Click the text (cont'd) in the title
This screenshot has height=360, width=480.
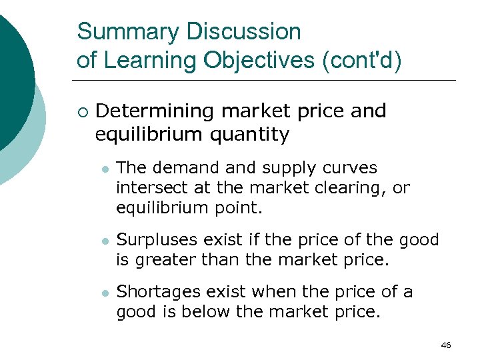click(363, 60)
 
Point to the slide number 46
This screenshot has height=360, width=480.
click(446, 345)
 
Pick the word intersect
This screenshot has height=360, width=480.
click(147, 188)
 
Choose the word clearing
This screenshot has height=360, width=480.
click(347, 188)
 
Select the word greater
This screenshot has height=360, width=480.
click(162, 259)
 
